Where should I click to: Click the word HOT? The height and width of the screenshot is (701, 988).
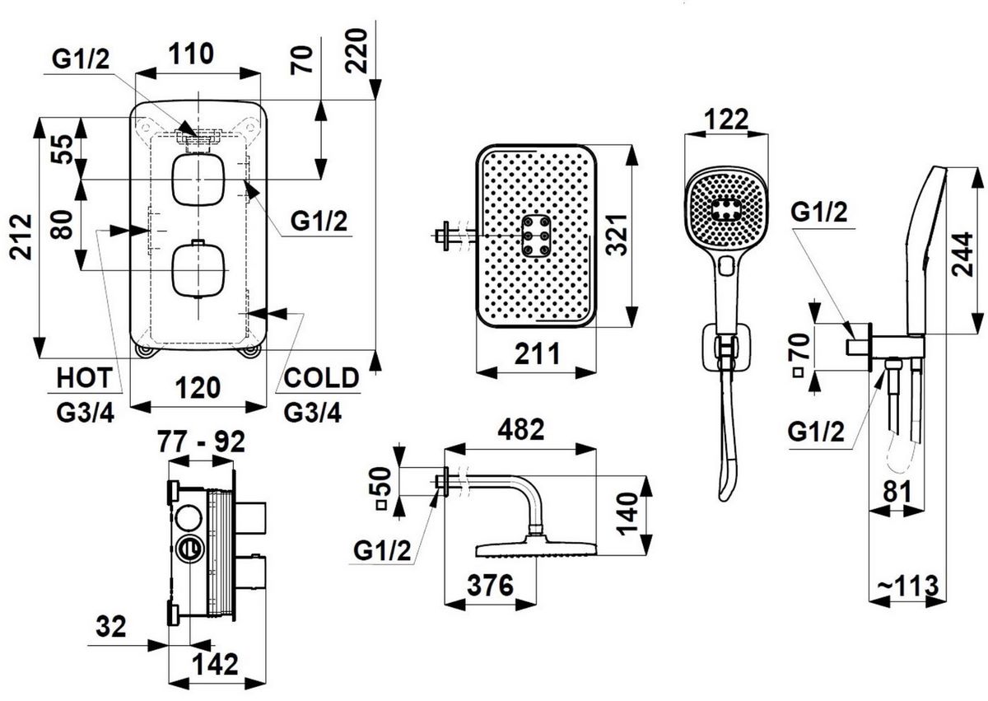pyautogui.click(x=83, y=378)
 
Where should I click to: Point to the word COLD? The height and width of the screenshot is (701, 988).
pyautogui.click(x=322, y=378)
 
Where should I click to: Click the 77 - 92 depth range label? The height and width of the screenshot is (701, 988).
pyautogui.click(x=201, y=442)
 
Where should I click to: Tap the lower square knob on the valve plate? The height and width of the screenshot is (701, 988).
pyautogui.click(x=198, y=269)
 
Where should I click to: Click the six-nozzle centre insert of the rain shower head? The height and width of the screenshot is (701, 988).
pyautogui.click(x=536, y=236)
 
